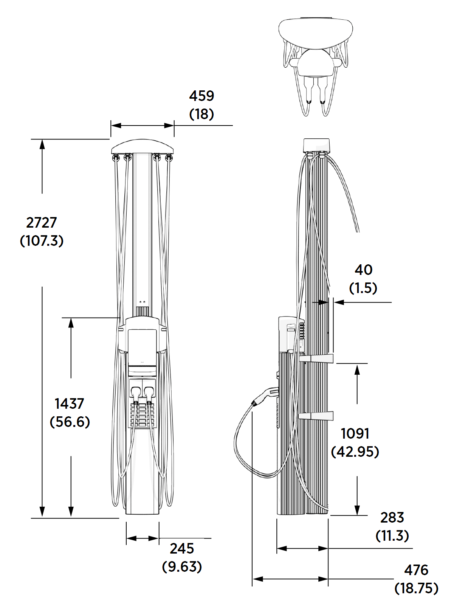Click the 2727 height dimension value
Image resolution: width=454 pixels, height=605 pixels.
tap(42, 222)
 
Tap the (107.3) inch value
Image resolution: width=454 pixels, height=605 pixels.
tap(42, 240)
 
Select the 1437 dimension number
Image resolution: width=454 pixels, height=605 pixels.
tap(69, 403)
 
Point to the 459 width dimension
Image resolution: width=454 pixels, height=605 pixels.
tap(201, 96)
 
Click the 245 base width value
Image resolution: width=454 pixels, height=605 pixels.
tap(182, 548)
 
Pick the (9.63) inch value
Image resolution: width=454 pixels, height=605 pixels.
tap(182, 566)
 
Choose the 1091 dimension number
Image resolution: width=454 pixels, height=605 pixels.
tap(355, 433)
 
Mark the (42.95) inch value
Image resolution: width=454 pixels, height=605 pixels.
tap(355, 451)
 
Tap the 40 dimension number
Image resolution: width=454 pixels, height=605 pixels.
tap(363, 270)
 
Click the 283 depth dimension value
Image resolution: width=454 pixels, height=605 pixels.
tap(392, 517)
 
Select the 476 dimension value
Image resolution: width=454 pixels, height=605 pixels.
tap(416, 570)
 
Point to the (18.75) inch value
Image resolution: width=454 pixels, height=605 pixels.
tap(416, 588)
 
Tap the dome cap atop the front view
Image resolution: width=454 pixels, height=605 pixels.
tap(143, 146)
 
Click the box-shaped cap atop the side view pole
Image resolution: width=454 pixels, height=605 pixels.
tap(316, 145)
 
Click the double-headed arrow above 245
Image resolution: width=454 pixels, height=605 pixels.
tap(143, 538)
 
